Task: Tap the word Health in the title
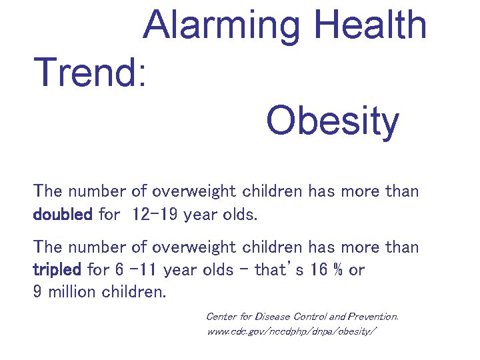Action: (x=371, y=25)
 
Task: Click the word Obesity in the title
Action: (x=332, y=121)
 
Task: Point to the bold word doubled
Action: (x=63, y=215)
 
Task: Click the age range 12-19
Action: (x=156, y=215)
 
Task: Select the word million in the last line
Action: (x=73, y=292)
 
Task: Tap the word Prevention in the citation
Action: (x=371, y=316)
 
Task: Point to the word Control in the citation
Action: (x=312, y=316)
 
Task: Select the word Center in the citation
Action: (x=222, y=316)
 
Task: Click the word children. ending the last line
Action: (x=133, y=292)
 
